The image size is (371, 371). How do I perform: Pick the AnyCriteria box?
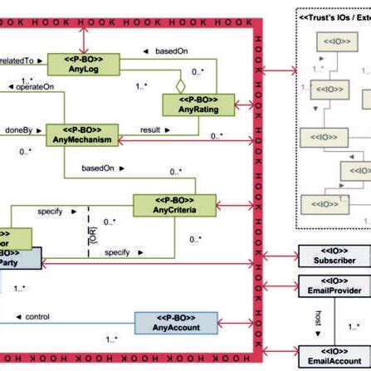coord(174,204)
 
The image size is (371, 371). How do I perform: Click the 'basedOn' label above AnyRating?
coord(171,51)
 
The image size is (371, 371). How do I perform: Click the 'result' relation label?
coord(150,130)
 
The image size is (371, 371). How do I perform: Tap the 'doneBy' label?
coord(17,130)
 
